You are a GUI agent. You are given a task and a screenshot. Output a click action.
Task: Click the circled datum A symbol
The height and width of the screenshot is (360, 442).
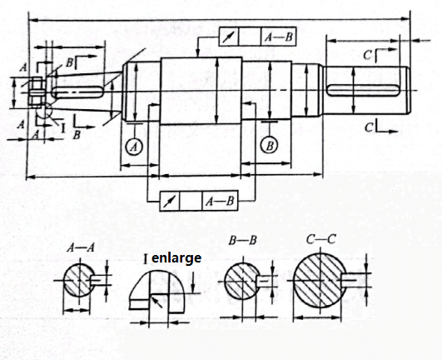134,147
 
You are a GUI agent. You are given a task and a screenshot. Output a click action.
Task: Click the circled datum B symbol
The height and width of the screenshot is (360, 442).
270,146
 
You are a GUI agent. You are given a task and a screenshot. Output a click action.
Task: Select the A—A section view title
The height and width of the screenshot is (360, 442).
81,248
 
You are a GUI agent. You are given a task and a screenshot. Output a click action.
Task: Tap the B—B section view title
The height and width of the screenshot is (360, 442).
243,241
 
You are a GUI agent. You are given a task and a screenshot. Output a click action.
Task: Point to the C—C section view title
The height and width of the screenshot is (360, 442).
321,240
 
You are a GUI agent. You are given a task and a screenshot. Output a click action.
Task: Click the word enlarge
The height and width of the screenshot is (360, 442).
176,258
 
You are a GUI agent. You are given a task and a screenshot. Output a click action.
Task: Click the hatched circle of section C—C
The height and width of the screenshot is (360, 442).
320,281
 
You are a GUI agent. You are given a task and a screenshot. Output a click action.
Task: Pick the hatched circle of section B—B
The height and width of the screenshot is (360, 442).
242,282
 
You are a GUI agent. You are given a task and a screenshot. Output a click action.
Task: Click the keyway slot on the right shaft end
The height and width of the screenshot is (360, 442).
363,91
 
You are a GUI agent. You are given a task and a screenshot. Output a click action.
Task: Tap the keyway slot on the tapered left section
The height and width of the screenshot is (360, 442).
77,92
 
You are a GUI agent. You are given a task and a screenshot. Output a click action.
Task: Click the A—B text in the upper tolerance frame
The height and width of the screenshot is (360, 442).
279,37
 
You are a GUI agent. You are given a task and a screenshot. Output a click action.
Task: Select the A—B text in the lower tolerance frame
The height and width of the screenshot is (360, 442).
220,201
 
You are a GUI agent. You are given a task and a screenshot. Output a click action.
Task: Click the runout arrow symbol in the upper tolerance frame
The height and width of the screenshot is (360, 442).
229,37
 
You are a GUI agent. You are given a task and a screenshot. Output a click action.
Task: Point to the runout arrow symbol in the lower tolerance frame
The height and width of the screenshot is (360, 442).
170,201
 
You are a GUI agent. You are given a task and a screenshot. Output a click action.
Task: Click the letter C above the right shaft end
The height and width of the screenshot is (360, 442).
367,55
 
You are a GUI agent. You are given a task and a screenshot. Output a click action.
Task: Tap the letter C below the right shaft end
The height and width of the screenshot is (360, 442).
369,127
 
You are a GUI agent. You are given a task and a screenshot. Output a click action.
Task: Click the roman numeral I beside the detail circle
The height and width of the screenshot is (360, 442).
63,127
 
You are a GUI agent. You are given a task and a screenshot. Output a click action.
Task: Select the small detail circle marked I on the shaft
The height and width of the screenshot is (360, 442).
44,112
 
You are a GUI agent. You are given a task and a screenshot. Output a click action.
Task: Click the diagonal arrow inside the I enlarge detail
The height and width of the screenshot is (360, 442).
156,302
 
